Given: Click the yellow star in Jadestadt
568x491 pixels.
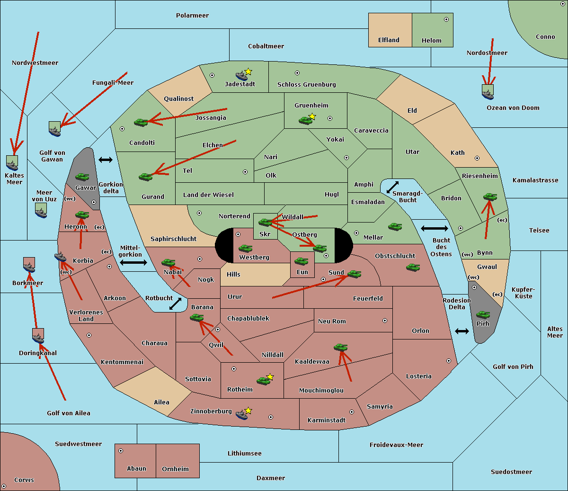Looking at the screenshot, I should tap(248, 71).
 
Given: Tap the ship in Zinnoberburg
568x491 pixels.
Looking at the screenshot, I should tap(241, 415).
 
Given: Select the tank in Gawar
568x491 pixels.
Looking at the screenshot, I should tap(82, 177).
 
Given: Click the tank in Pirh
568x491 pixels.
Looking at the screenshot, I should tap(483, 314).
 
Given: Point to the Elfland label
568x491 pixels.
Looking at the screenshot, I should tap(389, 40).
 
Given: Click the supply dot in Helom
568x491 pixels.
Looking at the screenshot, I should tap(446, 19).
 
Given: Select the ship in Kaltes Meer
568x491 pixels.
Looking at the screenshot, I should tap(12, 164).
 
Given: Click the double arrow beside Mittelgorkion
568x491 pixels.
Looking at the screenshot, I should tap(133, 262).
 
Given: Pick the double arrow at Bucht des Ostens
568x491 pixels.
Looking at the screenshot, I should tap(434, 229).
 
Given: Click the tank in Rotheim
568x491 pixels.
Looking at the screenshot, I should tap(263, 380).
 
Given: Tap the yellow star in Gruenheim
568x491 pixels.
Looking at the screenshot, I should tap(312, 116).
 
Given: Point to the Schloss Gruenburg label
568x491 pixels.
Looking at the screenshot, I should tap(306, 85).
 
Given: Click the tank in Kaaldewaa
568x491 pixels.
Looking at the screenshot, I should tap(340, 347).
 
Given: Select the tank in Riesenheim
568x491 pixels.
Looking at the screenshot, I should tap(490, 196).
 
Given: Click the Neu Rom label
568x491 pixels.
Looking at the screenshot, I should tap(332, 321).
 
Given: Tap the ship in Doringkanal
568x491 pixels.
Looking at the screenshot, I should tap(38, 337).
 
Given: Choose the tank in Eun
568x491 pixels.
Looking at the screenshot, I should tap(302, 261).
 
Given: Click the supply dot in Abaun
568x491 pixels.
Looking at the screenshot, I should tap(121, 451).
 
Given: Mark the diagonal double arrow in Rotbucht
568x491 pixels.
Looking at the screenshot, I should tap(175, 304).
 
